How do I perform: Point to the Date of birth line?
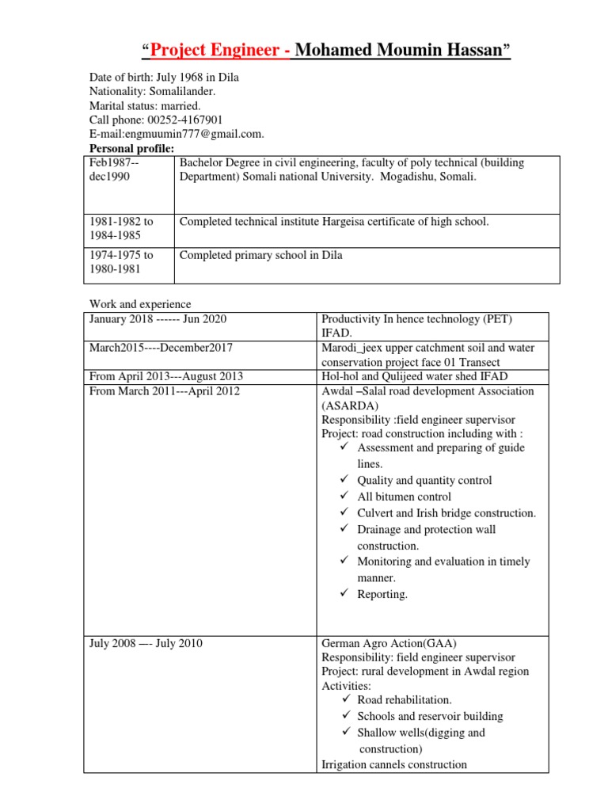click(x=164, y=78)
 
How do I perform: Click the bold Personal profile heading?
click(x=131, y=148)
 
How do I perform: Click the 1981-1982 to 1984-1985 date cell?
click(x=121, y=228)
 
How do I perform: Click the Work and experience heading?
click(x=140, y=304)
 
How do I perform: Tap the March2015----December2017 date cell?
click(x=161, y=348)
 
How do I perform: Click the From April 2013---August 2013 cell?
click(x=166, y=376)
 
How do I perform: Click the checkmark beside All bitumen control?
click(x=344, y=497)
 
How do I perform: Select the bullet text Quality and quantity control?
click(x=424, y=481)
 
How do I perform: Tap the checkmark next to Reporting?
click(x=344, y=594)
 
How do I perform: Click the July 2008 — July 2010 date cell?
click(x=146, y=643)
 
